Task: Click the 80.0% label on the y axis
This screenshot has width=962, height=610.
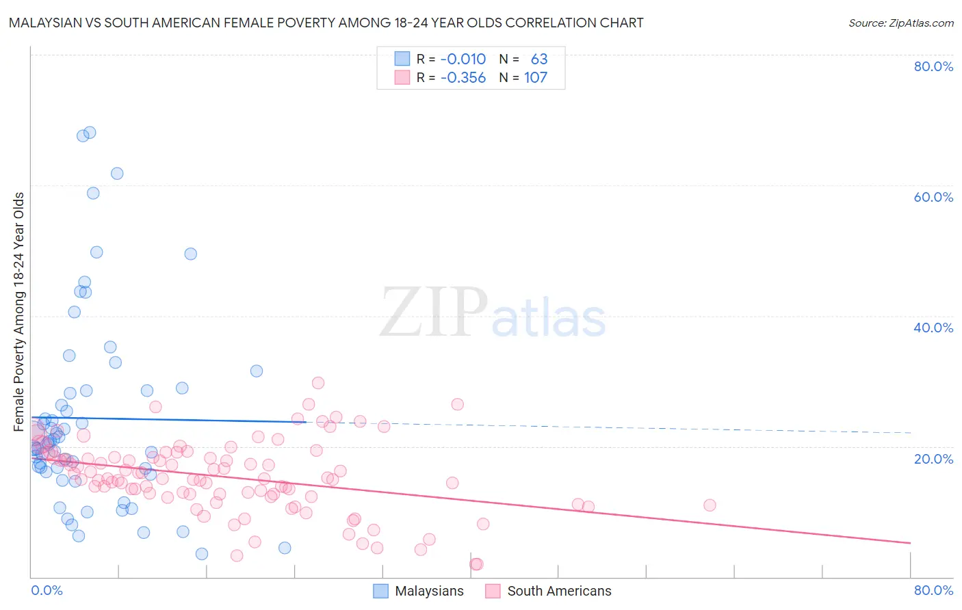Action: click(933, 66)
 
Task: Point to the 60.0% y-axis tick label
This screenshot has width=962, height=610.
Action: click(933, 197)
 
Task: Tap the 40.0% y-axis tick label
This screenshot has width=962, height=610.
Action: click(933, 328)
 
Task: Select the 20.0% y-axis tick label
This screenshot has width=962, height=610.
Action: click(933, 459)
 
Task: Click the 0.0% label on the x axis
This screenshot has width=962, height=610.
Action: click(47, 590)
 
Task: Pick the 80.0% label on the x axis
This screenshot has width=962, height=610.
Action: click(933, 590)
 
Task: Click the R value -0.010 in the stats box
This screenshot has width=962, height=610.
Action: click(463, 59)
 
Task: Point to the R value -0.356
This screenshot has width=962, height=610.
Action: click(463, 77)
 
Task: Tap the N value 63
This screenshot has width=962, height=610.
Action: click(539, 59)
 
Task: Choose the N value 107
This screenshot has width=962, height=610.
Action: click(536, 77)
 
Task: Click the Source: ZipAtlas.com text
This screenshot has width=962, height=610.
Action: click(900, 23)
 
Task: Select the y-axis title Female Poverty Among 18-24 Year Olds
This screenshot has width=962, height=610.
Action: click(19, 312)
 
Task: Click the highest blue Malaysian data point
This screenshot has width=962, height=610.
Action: click(90, 133)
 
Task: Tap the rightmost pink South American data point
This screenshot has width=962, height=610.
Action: click(710, 505)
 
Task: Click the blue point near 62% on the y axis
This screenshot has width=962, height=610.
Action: click(117, 174)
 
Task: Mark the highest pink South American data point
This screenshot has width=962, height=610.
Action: click(318, 383)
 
